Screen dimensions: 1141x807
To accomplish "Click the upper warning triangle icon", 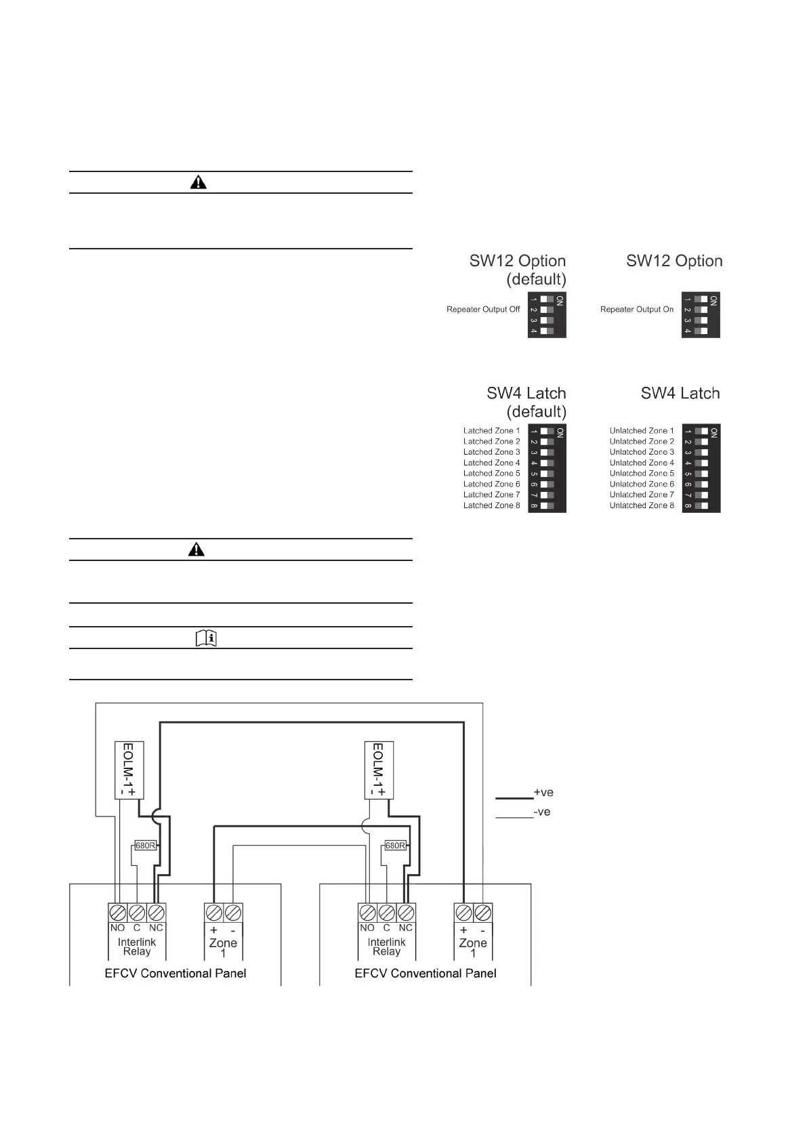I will pyautogui.click(x=199, y=182).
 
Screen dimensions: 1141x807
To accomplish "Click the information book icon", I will pyautogui.click(x=206, y=638).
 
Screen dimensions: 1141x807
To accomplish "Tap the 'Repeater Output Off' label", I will pyautogui.click(x=483, y=310).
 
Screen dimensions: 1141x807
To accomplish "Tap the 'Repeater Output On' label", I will pyautogui.click(x=637, y=310).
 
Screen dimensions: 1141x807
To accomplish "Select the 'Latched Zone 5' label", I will pyautogui.click(x=491, y=474).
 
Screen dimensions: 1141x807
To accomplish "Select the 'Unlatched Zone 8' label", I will pyautogui.click(x=642, y=505).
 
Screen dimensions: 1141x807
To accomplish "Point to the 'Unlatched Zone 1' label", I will pyautogui.click(x=642, y=431).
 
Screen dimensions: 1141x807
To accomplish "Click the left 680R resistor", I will pyautogui.click(x=146, y=846).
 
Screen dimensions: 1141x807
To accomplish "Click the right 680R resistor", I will pyautogui.click(x=395, y=846).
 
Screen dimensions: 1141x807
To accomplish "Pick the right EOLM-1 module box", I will pyautogui.click(x=379, y=770).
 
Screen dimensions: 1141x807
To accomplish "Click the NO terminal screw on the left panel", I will pyautogui.click(x=118, y=912).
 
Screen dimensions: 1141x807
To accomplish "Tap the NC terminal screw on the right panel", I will pyautogui.click(x=406, y=912).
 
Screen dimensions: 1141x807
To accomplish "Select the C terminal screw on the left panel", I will pyautogui.click(x=137, y=912).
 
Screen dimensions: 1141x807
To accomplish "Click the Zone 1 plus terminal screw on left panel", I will pyautogui.click(x=214, y=912).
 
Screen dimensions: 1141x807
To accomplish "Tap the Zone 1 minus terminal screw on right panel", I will pyautogui.click(x=482, y=912).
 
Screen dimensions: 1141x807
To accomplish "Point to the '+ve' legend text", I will pyautogui.click(x=543, y=792).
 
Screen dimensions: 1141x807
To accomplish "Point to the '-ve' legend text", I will pyautogui.click(x=542, y=812).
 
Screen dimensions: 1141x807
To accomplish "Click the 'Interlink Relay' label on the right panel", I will pyautogui.click(x=386, y=947).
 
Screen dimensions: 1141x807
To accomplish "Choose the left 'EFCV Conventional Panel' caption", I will pyautogui.click(x=175, y=974).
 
